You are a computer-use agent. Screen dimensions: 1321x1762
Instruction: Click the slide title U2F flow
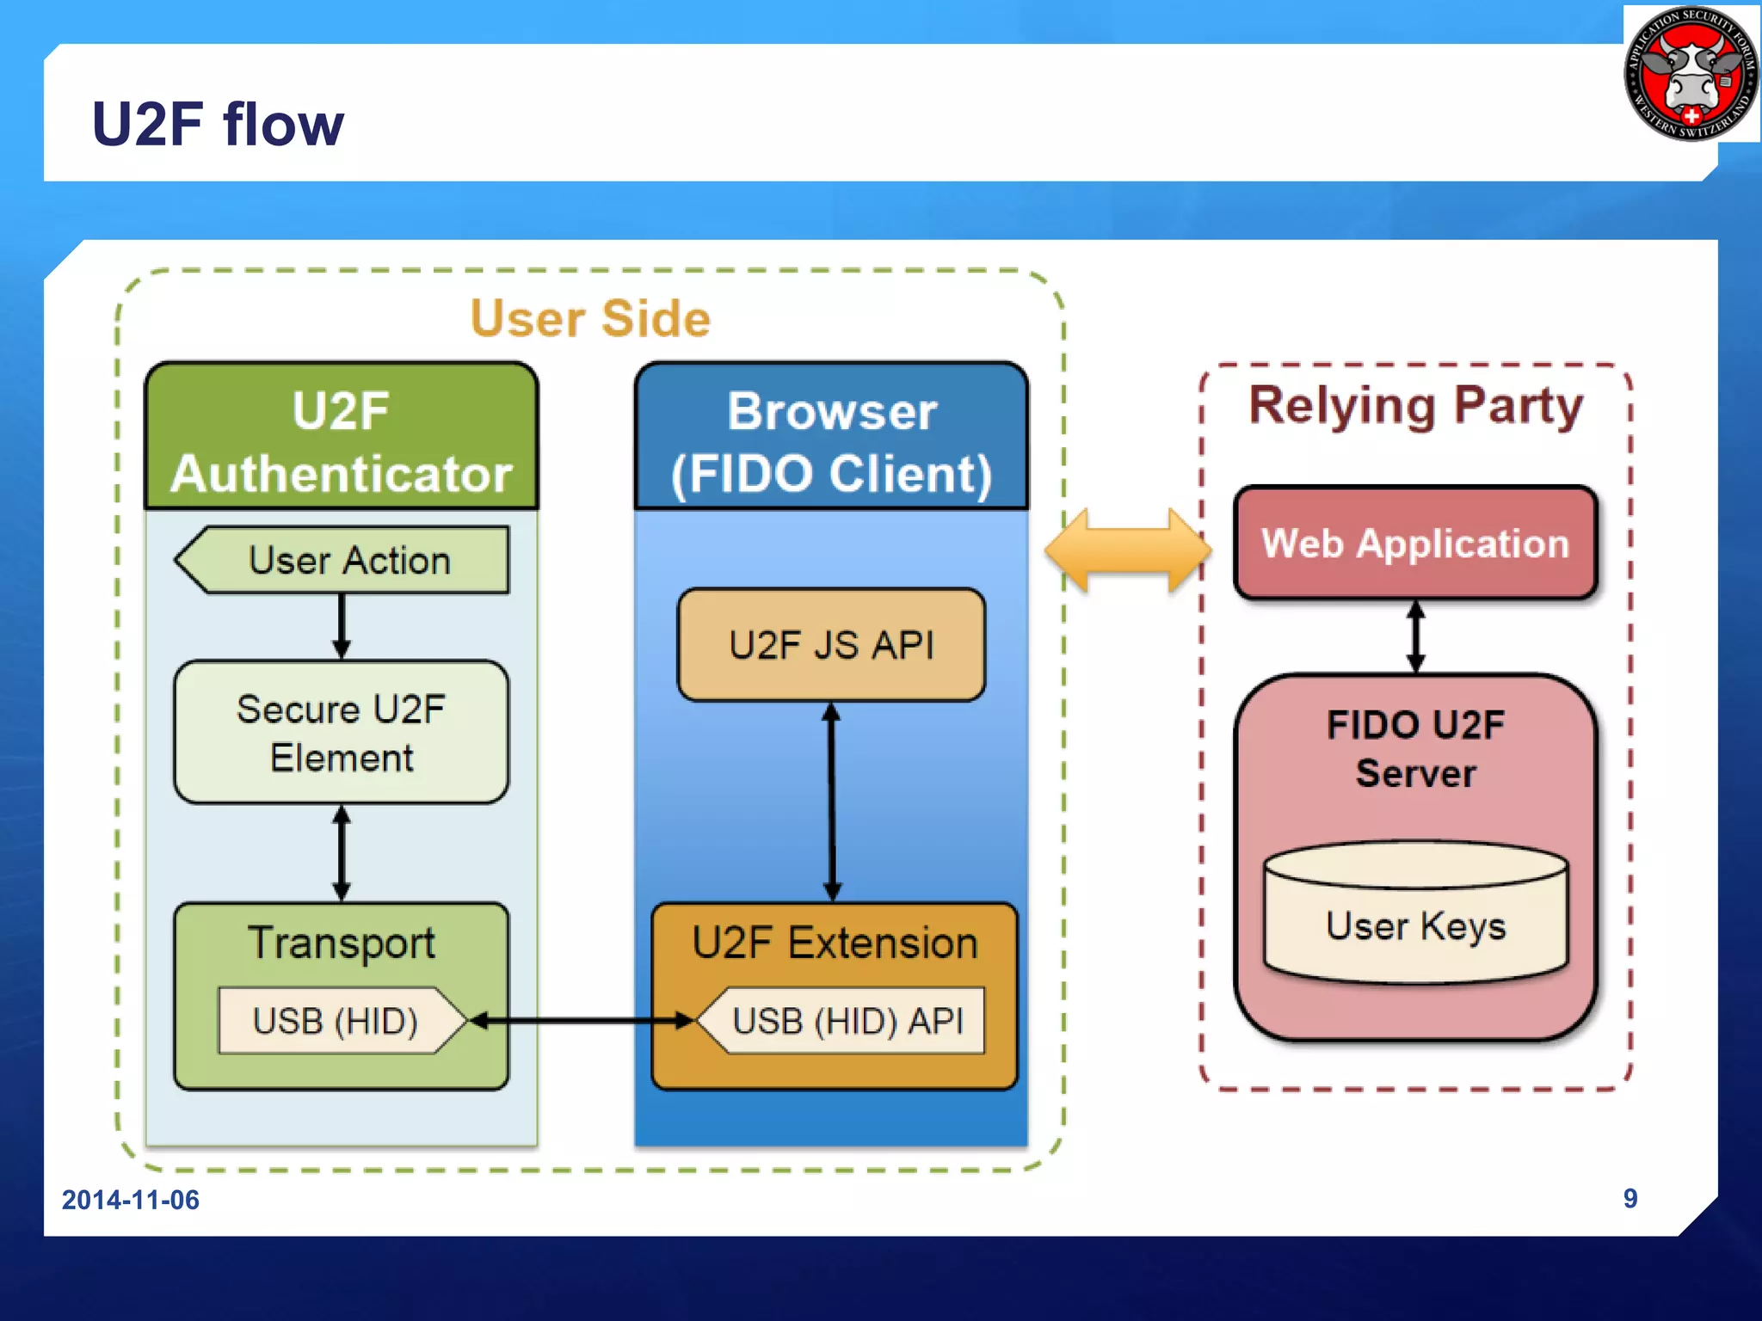tap(217, 124)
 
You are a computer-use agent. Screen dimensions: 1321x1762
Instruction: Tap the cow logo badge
tap(1691, 74)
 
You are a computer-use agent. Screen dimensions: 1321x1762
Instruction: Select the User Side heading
tap(590, 318)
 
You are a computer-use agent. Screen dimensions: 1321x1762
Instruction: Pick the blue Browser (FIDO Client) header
tap(831, 440)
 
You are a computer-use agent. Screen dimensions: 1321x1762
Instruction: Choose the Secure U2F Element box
tap(342, 733)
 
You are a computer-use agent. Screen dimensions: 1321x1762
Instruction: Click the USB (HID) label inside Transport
tap(336, 1021)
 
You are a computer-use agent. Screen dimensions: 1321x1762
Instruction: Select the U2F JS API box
tap(831, 645)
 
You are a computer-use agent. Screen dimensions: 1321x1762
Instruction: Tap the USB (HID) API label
tap(847, 1021)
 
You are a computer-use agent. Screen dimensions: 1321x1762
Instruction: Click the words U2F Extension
tap(835, 943)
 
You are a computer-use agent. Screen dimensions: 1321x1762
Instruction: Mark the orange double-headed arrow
tap(1127, 550)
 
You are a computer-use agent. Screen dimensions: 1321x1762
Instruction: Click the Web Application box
tap(1415, 544)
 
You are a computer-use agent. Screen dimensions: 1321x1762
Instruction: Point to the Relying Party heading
tap(1415, 406)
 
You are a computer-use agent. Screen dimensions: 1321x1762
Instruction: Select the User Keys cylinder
tap(1415, 916)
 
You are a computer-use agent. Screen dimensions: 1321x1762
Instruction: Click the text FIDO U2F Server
tap(1415, 748)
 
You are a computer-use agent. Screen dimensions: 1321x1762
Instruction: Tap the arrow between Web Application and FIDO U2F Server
tap(1416, 637)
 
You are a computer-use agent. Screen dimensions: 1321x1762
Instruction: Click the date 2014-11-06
tap(131, 1200)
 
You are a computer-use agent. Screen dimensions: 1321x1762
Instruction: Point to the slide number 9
tap(1630, 1198)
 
